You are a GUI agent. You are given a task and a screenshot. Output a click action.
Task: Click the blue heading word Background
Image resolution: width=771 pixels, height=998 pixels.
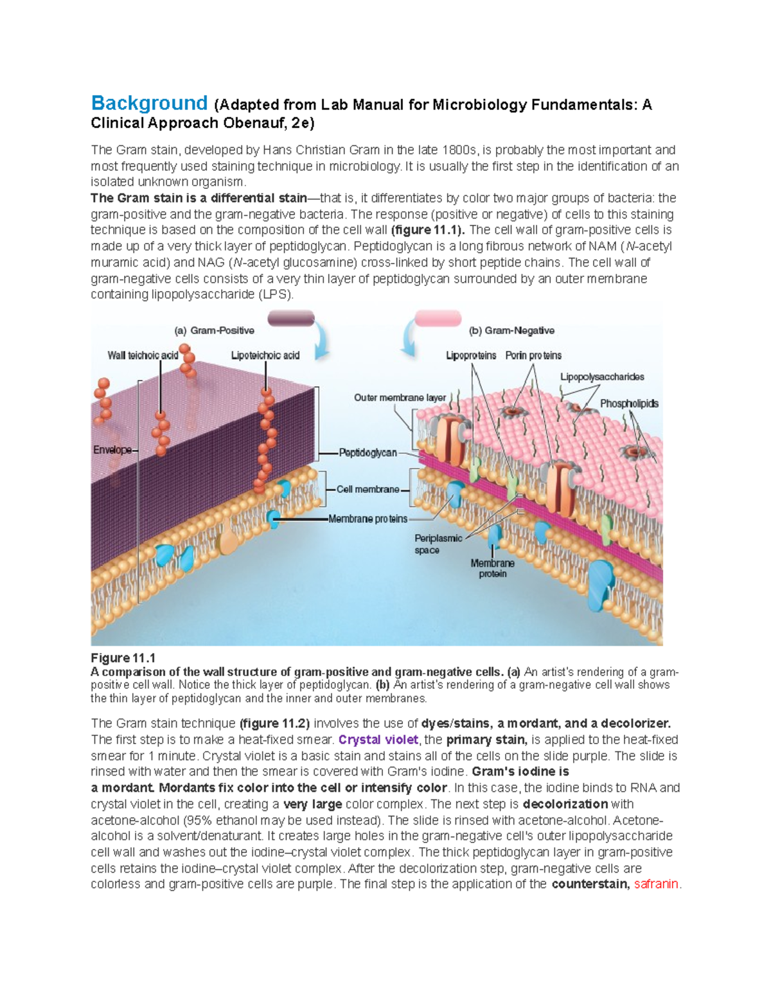point(149,103)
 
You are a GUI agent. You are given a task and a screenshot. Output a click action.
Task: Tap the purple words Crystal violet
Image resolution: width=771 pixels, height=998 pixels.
point(378,740)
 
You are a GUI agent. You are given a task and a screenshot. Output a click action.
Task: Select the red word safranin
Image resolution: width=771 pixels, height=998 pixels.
point(656,884)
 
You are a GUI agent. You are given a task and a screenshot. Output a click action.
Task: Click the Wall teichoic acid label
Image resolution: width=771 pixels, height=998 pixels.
point(143,355)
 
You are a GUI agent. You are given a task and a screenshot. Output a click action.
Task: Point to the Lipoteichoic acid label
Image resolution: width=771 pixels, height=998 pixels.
point(265,355)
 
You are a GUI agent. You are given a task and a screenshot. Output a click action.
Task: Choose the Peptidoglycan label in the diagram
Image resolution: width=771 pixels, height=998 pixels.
point(368,453)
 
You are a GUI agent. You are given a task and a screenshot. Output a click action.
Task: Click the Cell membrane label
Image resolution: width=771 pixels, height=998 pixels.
point(368,490)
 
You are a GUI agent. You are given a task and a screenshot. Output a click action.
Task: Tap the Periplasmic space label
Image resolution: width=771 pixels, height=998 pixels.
point(438,544)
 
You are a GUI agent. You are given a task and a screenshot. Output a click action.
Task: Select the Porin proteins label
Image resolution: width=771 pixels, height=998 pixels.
point(533,355)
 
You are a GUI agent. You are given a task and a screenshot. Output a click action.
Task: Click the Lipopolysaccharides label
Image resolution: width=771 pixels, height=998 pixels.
point(602,377)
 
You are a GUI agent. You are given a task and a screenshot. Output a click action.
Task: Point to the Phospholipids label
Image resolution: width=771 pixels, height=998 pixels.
point(629,404)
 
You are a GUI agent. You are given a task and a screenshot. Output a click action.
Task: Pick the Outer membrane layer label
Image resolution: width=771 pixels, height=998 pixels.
point(400,398)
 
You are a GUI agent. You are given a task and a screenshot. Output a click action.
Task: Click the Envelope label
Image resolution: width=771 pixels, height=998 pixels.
point(112,450)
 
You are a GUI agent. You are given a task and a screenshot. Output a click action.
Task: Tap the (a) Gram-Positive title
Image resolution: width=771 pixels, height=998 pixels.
point(214,331)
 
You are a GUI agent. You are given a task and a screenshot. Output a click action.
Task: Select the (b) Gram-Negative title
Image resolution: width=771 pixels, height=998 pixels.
point(511,331)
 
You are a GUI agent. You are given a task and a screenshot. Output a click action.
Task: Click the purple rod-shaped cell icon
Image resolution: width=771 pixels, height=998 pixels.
point(290,318)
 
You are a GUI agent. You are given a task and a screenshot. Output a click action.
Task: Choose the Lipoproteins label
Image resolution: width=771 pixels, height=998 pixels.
point(471,355)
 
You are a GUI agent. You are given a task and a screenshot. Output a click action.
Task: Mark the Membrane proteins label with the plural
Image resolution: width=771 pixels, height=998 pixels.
point(368,519)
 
